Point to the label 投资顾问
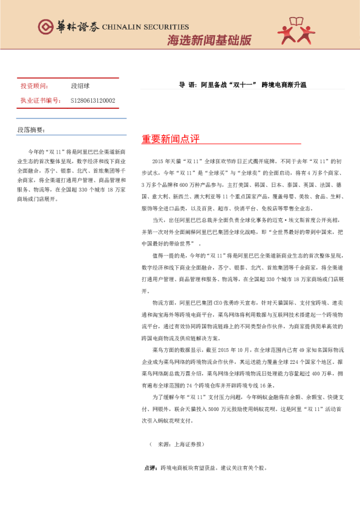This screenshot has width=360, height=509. (x=33, y=87)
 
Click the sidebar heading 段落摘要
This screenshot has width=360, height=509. (x=31, y=129)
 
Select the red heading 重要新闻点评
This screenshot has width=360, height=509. (x=171, y=139)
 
